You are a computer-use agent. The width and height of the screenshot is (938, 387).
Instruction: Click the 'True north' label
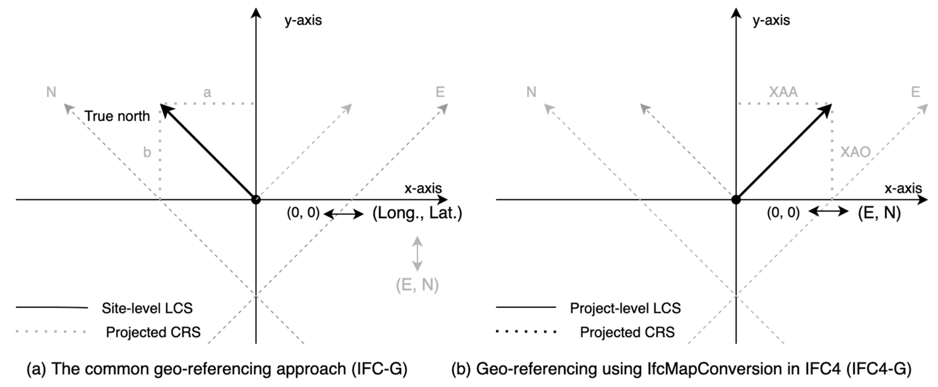click(117, 116)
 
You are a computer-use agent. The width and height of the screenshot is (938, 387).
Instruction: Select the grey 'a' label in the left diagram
click(207, 93)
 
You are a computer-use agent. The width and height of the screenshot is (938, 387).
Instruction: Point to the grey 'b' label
click(147, 152)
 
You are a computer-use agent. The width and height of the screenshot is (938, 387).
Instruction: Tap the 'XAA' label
click(783, 92)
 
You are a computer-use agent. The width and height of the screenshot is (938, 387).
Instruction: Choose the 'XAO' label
click(855, 152)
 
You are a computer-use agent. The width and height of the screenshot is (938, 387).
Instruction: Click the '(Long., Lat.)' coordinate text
click(417, 213)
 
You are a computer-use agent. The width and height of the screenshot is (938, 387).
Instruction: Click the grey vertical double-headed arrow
click(417, 254)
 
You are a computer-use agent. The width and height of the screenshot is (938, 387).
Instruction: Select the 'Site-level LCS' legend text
click(147, 308)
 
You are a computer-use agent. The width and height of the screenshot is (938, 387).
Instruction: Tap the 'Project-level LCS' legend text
click(625, 308)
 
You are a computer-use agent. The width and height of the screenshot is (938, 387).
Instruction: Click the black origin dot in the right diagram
click(736, 200)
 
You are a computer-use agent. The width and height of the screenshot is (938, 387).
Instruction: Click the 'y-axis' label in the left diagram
click(303, 20)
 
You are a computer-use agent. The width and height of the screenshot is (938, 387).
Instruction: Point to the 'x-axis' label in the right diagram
click(903, 188)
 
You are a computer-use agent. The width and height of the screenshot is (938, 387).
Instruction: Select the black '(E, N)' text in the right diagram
click(879, 213)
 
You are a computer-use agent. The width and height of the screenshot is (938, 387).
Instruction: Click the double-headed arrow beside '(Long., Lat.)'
click(343, 214)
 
